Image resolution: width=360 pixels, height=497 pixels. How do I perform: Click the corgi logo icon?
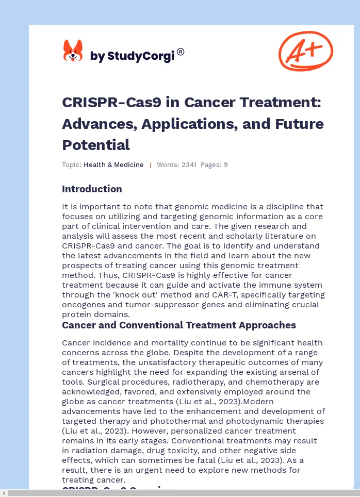(73, 52)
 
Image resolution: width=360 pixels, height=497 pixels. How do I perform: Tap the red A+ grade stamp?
(305, 51)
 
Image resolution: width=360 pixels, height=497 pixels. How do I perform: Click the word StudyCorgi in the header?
(140, 56)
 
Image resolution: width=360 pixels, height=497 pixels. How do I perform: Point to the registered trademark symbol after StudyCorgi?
(181, 52)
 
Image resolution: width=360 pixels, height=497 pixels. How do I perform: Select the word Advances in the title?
(93, 124)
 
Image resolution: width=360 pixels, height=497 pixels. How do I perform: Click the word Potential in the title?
(96, 144)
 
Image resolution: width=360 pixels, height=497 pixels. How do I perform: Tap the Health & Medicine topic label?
(113, 165)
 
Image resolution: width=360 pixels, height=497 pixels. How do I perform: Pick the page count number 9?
(225, 165)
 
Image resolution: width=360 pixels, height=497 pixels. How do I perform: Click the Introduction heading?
(92, 189)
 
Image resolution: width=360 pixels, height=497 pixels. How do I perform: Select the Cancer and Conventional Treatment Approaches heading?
(179, 325)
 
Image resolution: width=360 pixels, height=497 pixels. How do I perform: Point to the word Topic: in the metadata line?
(72, 165)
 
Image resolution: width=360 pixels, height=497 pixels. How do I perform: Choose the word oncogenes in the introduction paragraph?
(83, 305)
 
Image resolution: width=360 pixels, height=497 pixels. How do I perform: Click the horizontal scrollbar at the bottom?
(180, 493)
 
